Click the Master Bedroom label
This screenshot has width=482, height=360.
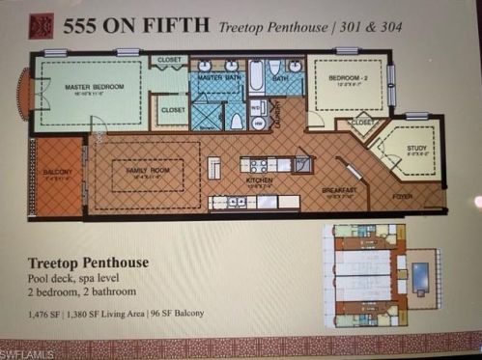pos(95,87)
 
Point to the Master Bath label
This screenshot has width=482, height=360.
pos(218,75)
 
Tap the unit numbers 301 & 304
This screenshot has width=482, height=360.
pos(368,28)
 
